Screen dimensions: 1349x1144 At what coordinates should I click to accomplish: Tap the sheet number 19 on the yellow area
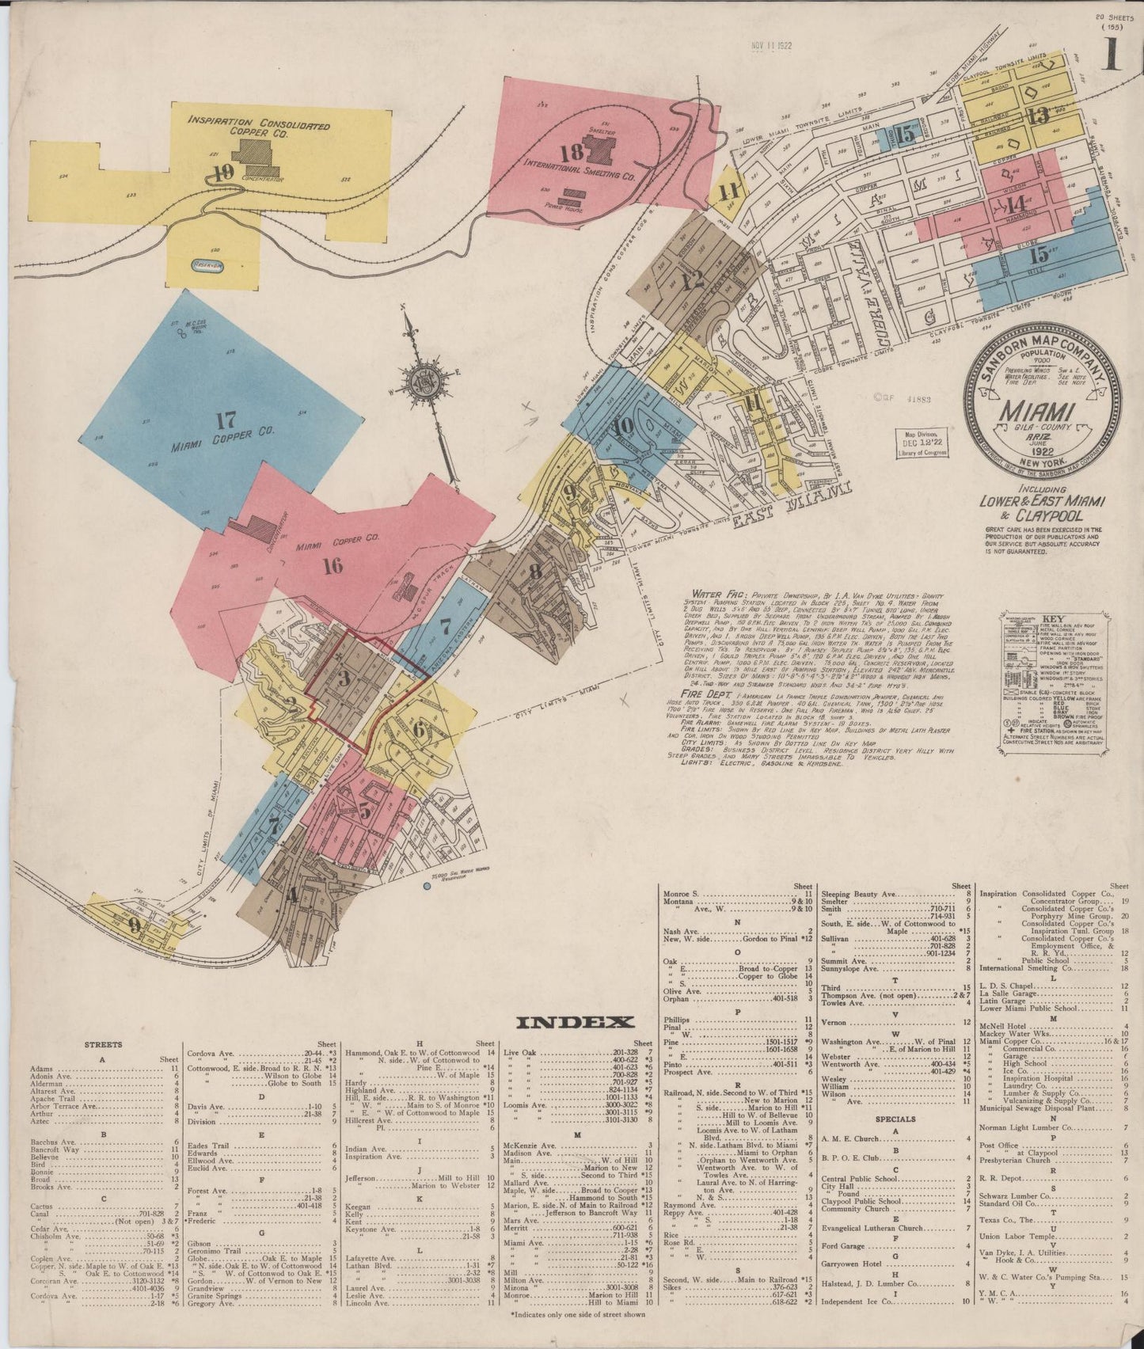pyautogui.click(x=222, y=172)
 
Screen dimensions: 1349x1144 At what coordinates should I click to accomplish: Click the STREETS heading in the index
pyautogui.click(x=103, y=1044)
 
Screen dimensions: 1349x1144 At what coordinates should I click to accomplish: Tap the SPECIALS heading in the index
pyautogui.click(x=895, y=1119)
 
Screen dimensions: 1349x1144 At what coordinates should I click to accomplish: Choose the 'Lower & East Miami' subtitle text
pyautogui.click(x=1043, y=501)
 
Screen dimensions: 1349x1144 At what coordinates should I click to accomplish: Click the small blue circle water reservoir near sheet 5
pyautogui.click(x=427, y=884)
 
